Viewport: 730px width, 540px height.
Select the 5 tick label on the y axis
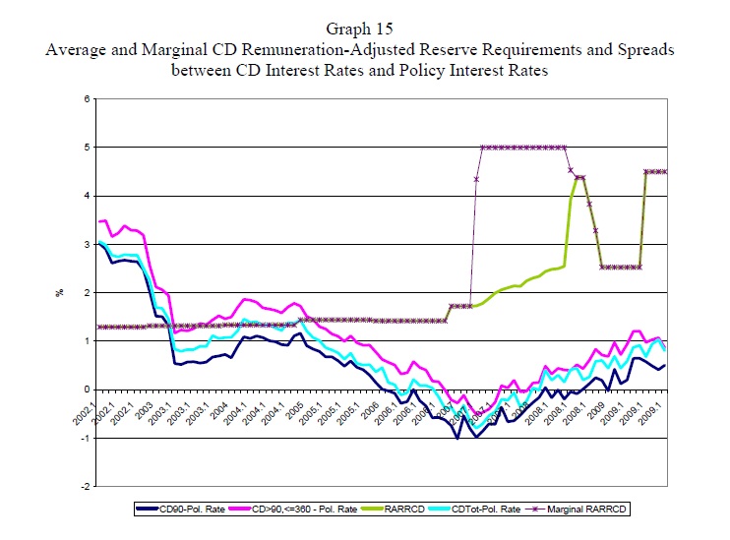coord(87,148)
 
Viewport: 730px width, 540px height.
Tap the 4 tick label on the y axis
coord(87,196)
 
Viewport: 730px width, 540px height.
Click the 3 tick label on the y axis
coord(87,244)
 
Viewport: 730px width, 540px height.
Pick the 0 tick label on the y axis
coord(87,390)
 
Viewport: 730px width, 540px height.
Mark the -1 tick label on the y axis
coord(85,438)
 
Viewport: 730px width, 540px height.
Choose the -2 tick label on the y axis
coord(85,486)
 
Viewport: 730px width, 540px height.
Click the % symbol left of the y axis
coord(58,292)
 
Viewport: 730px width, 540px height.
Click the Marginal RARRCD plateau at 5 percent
coord(521,148)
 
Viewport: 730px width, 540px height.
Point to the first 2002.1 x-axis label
coord(91,406)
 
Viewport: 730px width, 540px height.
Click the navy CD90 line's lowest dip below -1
coord(457,438)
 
